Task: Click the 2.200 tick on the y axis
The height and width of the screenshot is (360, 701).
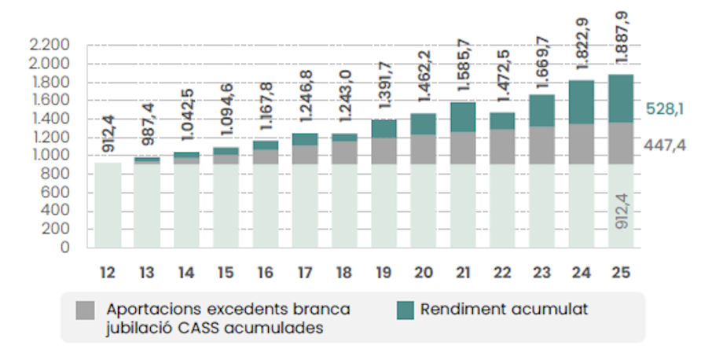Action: pos(50,44)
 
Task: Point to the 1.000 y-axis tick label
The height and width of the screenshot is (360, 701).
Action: pos(50,156)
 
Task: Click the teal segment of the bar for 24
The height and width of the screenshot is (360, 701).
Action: pos(581,102)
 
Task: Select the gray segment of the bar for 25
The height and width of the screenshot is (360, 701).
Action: pos(620,143)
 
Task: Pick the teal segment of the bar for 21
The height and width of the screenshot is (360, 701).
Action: pos(462,117)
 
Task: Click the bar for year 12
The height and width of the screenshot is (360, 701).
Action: pos(108,205)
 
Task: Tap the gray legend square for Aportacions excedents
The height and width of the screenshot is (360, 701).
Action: pos(86,310)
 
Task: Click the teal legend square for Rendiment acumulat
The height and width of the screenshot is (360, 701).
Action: pos(405,310)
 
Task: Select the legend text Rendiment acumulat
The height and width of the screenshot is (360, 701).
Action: pos(504,310)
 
